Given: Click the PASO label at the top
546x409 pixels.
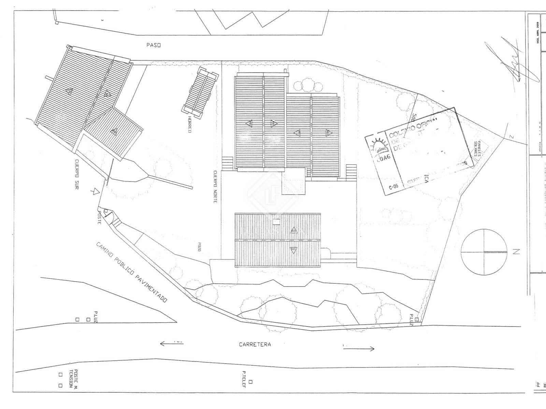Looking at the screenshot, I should click(x=153, y=45).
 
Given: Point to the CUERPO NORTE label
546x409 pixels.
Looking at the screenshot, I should click(x=215, y=187).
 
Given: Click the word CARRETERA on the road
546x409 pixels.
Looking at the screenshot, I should click(x=255, y=344).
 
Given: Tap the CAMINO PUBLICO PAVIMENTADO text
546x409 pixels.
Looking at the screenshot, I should click(x=132, y=272).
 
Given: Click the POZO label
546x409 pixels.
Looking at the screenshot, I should click(x=199, y=247).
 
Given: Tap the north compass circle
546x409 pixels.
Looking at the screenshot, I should click(x=484, y=252).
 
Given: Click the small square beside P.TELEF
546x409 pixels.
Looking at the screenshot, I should click(x=250, y=382).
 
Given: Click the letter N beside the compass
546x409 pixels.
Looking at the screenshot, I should click(x=516, y=252).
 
